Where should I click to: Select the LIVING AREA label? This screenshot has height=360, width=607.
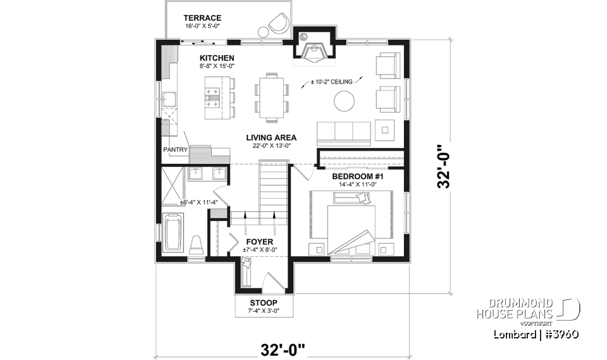click(271, 137)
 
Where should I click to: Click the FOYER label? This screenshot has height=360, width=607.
click(259, 242)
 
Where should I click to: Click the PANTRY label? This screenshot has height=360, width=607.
click(175, 150)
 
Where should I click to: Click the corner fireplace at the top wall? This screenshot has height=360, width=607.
click(313, 49)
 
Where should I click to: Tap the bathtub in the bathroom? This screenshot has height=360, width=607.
click(173, 235)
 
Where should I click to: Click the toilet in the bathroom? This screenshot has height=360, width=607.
click(196, 244)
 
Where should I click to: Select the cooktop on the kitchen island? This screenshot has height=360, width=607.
click(211, 96)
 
